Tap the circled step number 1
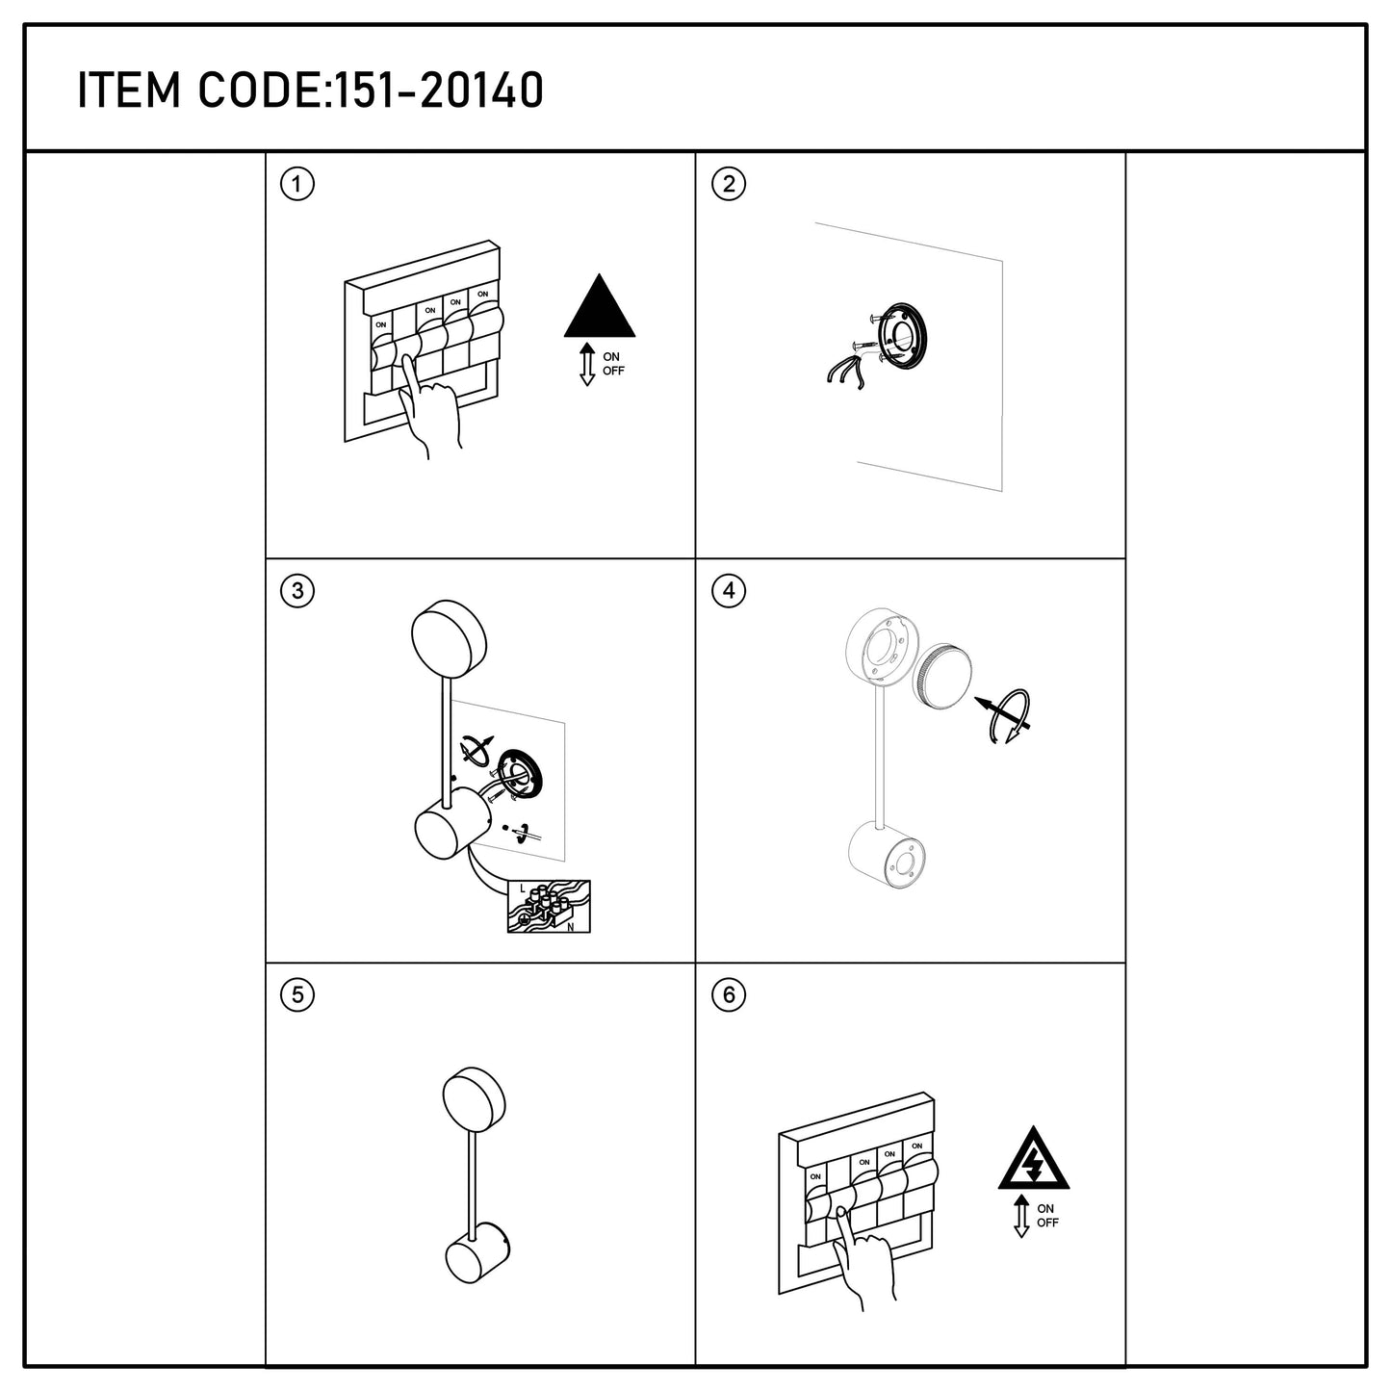[x=296, y=185]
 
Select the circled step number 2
[x=729, y=185]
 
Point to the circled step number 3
[x=296, y=591]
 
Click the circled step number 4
[x=729, y=591]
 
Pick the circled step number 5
[x=296, y=995]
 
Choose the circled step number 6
[x=729, y=995]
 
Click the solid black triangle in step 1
[x=600, y=306]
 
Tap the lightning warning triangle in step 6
[x=1034, y=1158]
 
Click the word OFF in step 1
[x=613, y=371]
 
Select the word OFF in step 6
[x=1047, y=1223]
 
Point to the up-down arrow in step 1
[x=587, y=365]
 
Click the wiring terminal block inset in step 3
[x=549, y=907]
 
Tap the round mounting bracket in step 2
[x=901, y=336]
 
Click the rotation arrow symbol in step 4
[x=1006, y=716]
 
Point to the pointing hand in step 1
[x=430, y=407]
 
